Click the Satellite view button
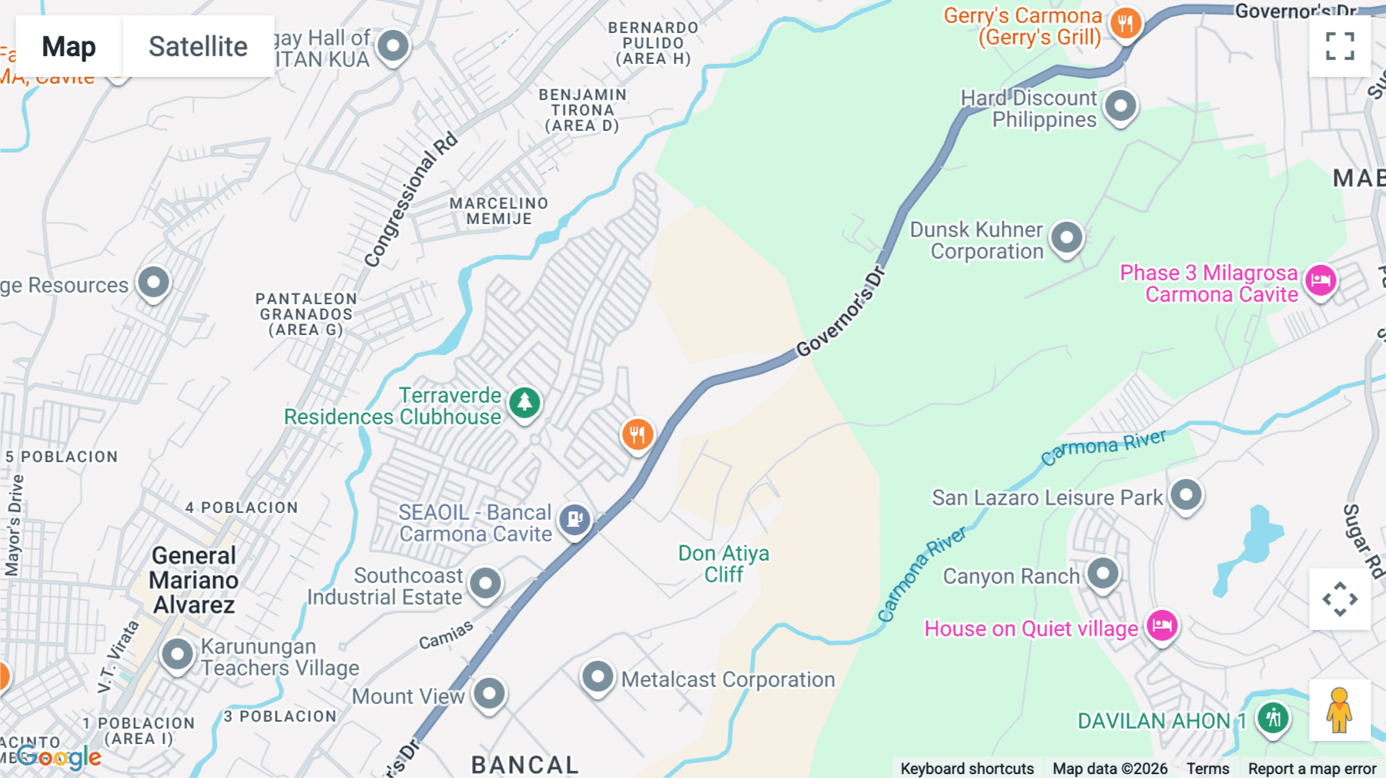[198, 46]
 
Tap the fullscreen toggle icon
[1340, 46]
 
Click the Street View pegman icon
[1339, 710]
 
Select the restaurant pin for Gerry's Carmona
[1125, 24]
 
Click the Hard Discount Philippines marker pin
[1120, 106]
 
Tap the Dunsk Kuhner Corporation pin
[1066, 237]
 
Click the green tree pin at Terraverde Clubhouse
[525, 402]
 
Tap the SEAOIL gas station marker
[574, 519]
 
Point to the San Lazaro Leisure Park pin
[1186, 495]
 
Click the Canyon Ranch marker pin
[1103, 573]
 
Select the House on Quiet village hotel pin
[1162, 625]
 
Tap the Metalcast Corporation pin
[598, 677]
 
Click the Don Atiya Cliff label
[723, 564]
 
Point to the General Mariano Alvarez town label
[194, 580]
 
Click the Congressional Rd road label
[410, 200]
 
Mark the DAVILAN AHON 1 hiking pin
[1273, 718]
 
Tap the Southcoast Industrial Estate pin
[485, 583]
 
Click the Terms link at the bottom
[1207, 768]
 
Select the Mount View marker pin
[489, 693]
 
